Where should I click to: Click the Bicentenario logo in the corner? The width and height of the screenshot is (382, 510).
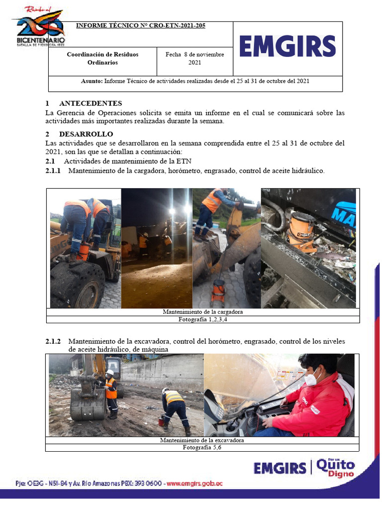tap(39, 28)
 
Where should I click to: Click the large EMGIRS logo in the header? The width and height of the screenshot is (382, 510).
tap(287, 47)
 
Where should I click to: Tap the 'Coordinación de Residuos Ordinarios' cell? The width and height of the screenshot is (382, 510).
tap(102, 59)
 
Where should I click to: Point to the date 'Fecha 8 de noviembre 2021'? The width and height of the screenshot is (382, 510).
tap(194, 59)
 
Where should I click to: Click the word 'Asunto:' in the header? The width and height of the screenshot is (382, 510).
tap(92, 81)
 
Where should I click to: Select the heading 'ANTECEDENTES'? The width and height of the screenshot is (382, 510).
tap(90, 104)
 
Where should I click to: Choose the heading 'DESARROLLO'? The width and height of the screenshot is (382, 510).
tap(86, 134)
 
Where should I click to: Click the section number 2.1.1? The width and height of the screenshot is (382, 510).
tap(53, 171)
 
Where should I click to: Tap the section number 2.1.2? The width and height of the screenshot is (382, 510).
tap(53, 341)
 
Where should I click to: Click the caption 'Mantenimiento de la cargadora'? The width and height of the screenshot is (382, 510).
tap(202, 312)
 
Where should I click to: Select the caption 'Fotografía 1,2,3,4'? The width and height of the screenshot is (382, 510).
tap(202, 319)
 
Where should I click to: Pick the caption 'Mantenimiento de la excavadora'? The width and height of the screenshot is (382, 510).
tap(201, 440)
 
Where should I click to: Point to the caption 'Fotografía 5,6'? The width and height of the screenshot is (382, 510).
tap(201, 448)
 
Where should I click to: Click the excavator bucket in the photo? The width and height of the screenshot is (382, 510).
tap(87, 403)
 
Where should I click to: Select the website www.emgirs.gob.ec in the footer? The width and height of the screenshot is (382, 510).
tap(194, 484)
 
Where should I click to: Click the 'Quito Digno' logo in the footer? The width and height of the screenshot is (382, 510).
tap(335, 468)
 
